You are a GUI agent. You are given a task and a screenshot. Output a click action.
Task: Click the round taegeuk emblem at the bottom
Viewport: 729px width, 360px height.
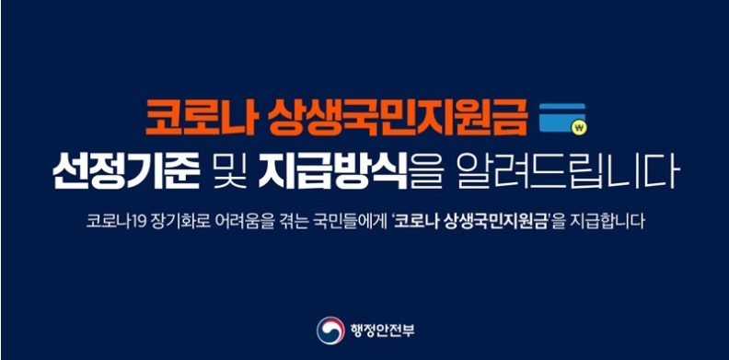[330, 330]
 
